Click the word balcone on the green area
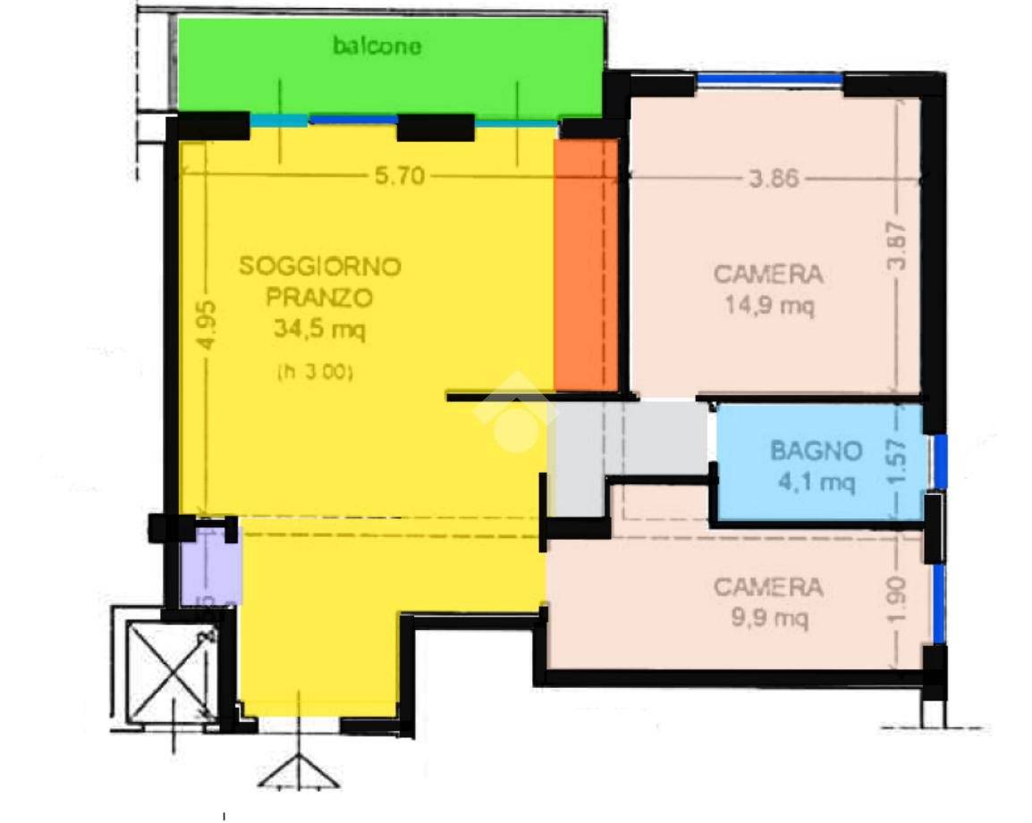[376, 46]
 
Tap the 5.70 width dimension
[399, 177]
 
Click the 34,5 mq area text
[320, 331]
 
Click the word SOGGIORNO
[320, 266]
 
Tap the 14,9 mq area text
[768, 306]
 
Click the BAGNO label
[816, 451]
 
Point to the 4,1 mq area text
[816, 483]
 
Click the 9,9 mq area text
[768, 618]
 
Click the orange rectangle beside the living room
[586, 264]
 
